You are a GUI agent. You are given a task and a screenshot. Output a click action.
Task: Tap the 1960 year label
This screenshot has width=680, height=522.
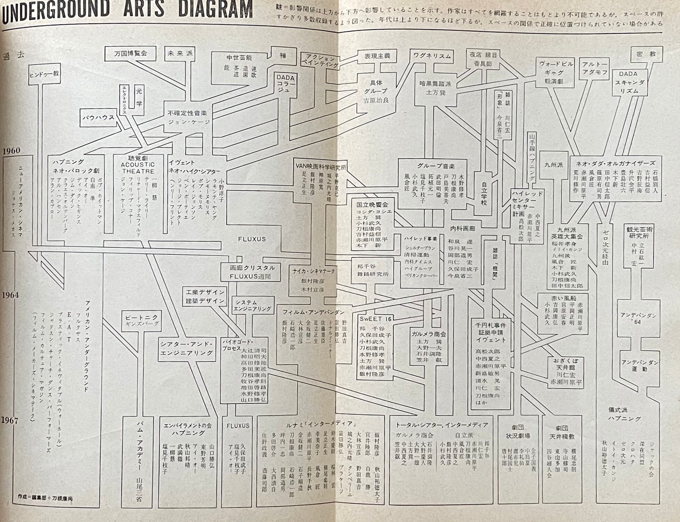(11, 151)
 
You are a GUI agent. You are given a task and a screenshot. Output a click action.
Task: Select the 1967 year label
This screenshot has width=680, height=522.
(10, 420)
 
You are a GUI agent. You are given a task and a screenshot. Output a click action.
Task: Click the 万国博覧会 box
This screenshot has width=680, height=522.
(130, 54)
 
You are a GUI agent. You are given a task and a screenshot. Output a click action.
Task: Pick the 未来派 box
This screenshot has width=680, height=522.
(180, 54)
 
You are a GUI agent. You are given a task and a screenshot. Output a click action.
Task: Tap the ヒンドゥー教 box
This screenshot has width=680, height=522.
(44, 74)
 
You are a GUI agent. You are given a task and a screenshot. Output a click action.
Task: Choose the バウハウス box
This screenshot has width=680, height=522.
(98, 118)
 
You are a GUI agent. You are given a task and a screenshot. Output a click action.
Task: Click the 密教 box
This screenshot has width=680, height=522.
(646, 54)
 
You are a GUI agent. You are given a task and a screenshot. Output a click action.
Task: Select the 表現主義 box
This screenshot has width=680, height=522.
(377, 56)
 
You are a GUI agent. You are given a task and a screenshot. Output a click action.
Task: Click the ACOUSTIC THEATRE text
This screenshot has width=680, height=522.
(138, 168)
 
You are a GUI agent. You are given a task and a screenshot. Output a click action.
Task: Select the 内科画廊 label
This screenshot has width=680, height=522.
(462, 229)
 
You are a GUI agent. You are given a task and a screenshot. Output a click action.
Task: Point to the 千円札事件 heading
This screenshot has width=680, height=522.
(491, 325)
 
